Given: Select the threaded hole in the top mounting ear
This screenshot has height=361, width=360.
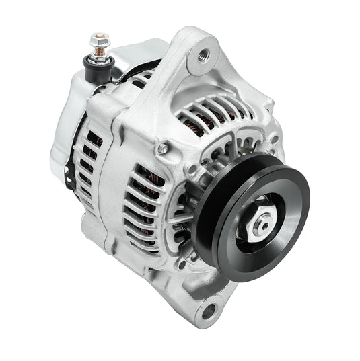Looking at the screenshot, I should pos(203,54).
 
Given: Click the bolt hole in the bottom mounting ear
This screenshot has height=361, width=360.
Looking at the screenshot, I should pos(209,311).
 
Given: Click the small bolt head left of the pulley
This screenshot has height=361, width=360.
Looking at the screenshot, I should pos(163,149).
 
